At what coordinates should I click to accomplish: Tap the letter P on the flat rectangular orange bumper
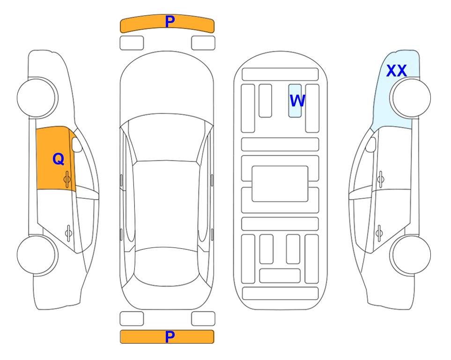point(170,337)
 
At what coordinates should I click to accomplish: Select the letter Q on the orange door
point(59,159)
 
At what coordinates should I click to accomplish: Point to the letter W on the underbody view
point(297,100)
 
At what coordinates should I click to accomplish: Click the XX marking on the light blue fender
point(397,71)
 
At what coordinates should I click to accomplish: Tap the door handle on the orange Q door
point(67,179)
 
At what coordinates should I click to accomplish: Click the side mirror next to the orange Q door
point(77,144)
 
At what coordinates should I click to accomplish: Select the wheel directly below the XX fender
point(410,98)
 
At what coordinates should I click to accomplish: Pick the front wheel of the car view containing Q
point(37,98)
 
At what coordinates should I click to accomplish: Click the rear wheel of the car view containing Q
point(37,255)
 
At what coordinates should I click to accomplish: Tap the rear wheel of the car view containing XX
point(410,255)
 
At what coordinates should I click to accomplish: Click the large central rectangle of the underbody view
point(280,184)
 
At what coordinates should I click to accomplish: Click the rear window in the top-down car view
point(166,266)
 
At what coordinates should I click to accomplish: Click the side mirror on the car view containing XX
point(371,144)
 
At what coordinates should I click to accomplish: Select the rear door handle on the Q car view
point(68,232)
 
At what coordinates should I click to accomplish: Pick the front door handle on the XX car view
point(380,179)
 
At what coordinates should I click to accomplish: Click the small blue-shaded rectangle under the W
point(295,101)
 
